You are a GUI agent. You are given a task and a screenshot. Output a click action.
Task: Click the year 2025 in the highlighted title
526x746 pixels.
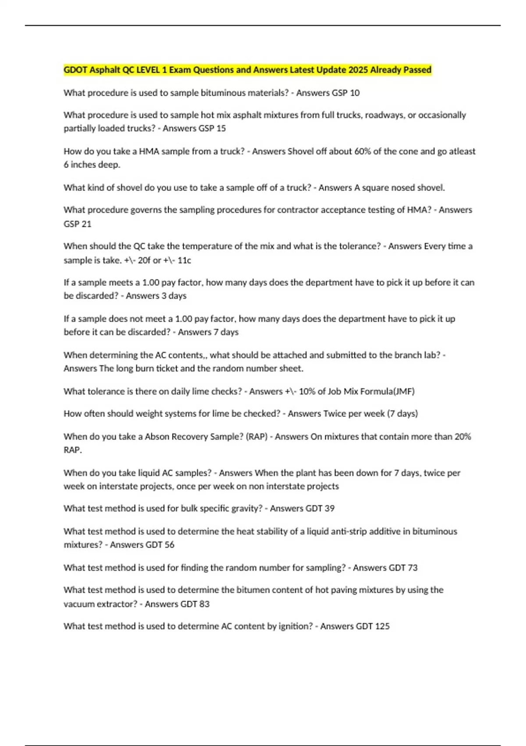tap(358, 70)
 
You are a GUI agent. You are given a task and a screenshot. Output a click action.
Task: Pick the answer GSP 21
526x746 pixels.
tap(78, 224)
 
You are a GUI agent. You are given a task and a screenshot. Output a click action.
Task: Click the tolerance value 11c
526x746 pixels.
tap(184, 260)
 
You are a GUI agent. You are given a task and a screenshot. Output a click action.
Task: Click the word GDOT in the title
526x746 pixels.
tap(75, 70)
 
